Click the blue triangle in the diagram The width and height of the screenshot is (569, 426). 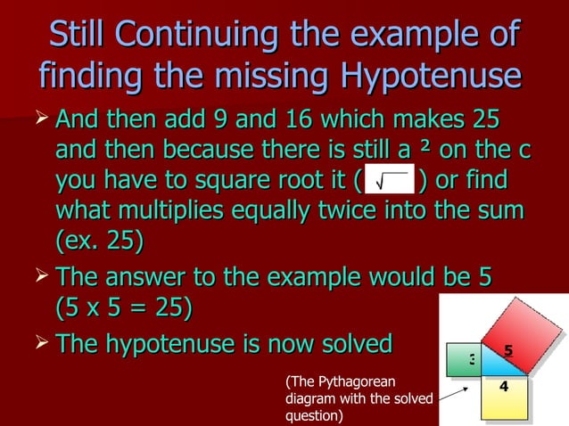coord(490,365)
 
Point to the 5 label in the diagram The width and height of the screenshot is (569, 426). coord(507,350)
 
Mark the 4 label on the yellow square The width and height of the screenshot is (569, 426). coord(504,387)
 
